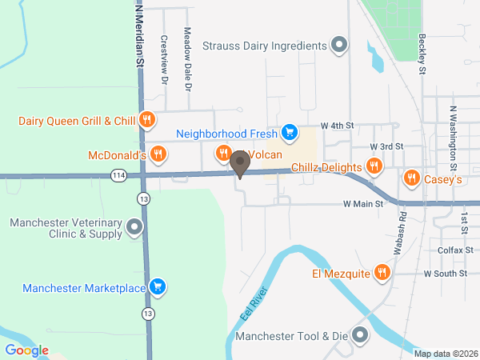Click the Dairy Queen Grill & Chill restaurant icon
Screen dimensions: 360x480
[x=146, y=121]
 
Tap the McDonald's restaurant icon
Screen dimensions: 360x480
[x=158, y=153]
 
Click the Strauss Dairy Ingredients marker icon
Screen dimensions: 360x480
[x=339, y=45]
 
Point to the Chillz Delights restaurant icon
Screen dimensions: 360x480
[x=374, y=166]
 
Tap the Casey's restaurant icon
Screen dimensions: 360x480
[x=411, y=178]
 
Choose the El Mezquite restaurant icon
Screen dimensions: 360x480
[x=382, y=274]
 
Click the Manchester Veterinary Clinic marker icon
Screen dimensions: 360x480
[x=134, y=228]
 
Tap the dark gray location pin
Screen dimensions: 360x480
[x=238, y=164]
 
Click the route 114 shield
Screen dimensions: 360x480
[x=118, y=174]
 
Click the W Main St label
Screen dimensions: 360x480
[x=363, y=205]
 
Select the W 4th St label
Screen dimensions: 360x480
[x=337, y=126]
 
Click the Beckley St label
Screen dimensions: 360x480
[x=422, y=54]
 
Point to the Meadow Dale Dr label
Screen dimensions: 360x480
[x=187, y=59]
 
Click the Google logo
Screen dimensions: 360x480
[x=26, y=350]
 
